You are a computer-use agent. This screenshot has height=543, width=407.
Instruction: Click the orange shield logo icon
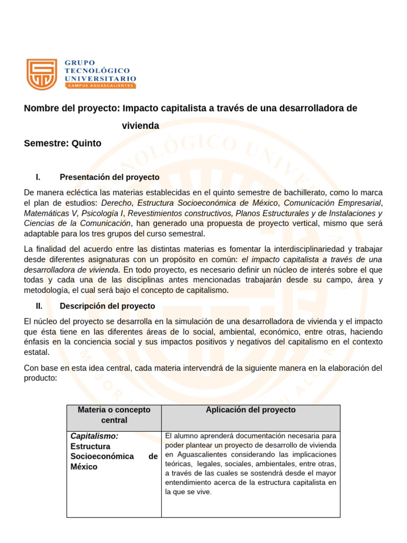tap(41, 74)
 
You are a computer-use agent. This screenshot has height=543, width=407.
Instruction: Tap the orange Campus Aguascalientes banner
tap(100, 85)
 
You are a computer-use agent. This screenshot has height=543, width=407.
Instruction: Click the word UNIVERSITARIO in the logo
tap(100, 77)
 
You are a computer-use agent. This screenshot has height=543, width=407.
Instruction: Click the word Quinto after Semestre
tap(85, 143)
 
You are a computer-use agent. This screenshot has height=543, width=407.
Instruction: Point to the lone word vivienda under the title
tap(140, 126)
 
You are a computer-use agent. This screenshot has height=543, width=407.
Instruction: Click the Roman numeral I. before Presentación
tap(38, 177)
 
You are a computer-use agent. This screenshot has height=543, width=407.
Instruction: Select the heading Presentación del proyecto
tap(109, 177)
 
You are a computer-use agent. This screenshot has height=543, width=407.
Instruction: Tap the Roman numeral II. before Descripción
tap(39, 306)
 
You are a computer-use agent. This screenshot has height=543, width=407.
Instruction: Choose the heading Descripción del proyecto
tap(107, 306)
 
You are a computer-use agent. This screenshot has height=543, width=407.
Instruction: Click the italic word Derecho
tap(117, 203)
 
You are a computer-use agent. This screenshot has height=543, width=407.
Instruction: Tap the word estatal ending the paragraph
tap(37, 352)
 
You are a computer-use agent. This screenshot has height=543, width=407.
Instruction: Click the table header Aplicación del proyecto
tap(251, 410)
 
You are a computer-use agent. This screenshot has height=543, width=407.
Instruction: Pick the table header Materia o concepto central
tap(114, 415)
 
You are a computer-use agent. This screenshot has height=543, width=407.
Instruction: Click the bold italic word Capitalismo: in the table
tap(94, 436)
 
